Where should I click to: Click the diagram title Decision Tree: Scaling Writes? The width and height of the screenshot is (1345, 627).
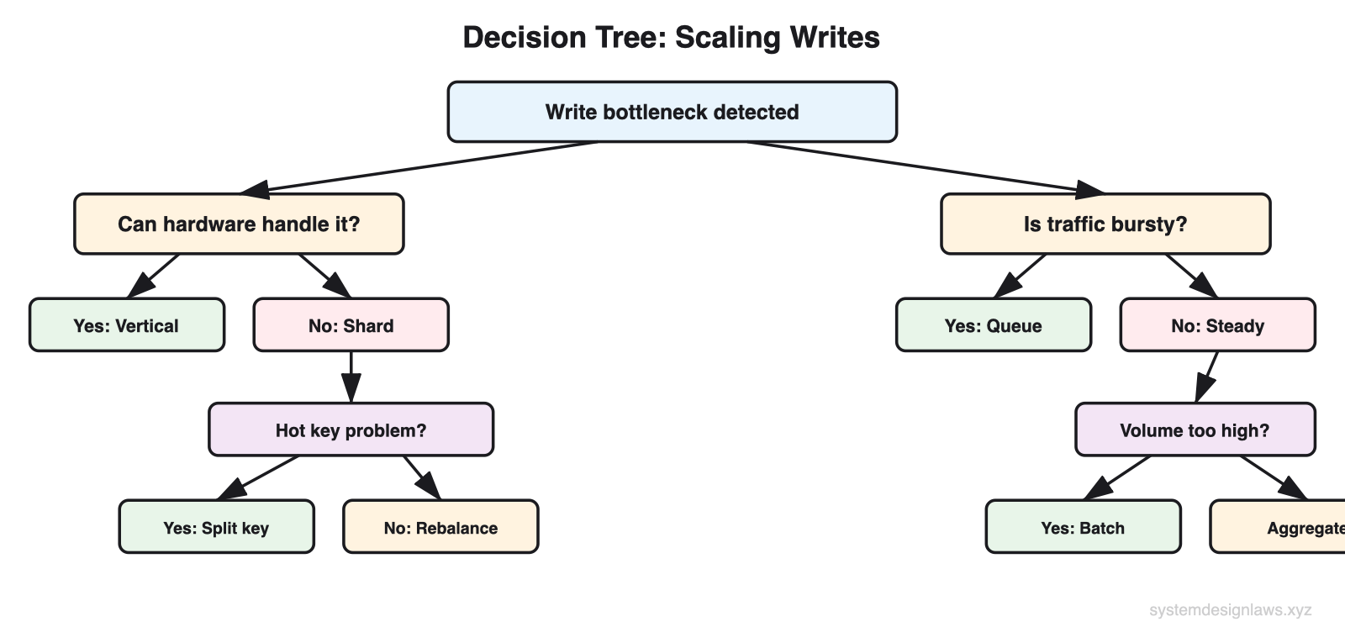click(x=671, y=38)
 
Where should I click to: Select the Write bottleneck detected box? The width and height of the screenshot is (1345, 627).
click(x=672, y=112)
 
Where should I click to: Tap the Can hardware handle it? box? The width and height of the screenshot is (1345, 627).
click(x=239, y=224)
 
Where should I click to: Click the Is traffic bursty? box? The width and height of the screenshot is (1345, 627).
click(x=1105, y=224)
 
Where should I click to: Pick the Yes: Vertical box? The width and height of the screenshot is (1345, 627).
click(x=126, y=325)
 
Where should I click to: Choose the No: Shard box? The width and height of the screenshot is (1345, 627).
click(x=351, y=325)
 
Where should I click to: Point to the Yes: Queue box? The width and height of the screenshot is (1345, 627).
click(x=993, y=325)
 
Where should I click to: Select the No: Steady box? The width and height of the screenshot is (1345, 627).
click(x=1217, y=325)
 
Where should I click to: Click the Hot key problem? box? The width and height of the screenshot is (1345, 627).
click(x=351, y=430)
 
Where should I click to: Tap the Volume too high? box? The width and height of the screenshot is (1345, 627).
click(x=1195, y=430)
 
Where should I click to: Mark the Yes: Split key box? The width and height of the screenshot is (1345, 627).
click(x=216, y=528)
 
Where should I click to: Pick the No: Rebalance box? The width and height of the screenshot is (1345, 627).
click(x=440, y=528)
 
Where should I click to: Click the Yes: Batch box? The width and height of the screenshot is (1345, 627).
click(x=1083, y=528)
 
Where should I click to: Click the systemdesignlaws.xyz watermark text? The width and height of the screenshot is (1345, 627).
click(x=1230, y=610)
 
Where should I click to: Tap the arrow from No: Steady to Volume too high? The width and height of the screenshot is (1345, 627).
click(x=1208, y=376)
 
